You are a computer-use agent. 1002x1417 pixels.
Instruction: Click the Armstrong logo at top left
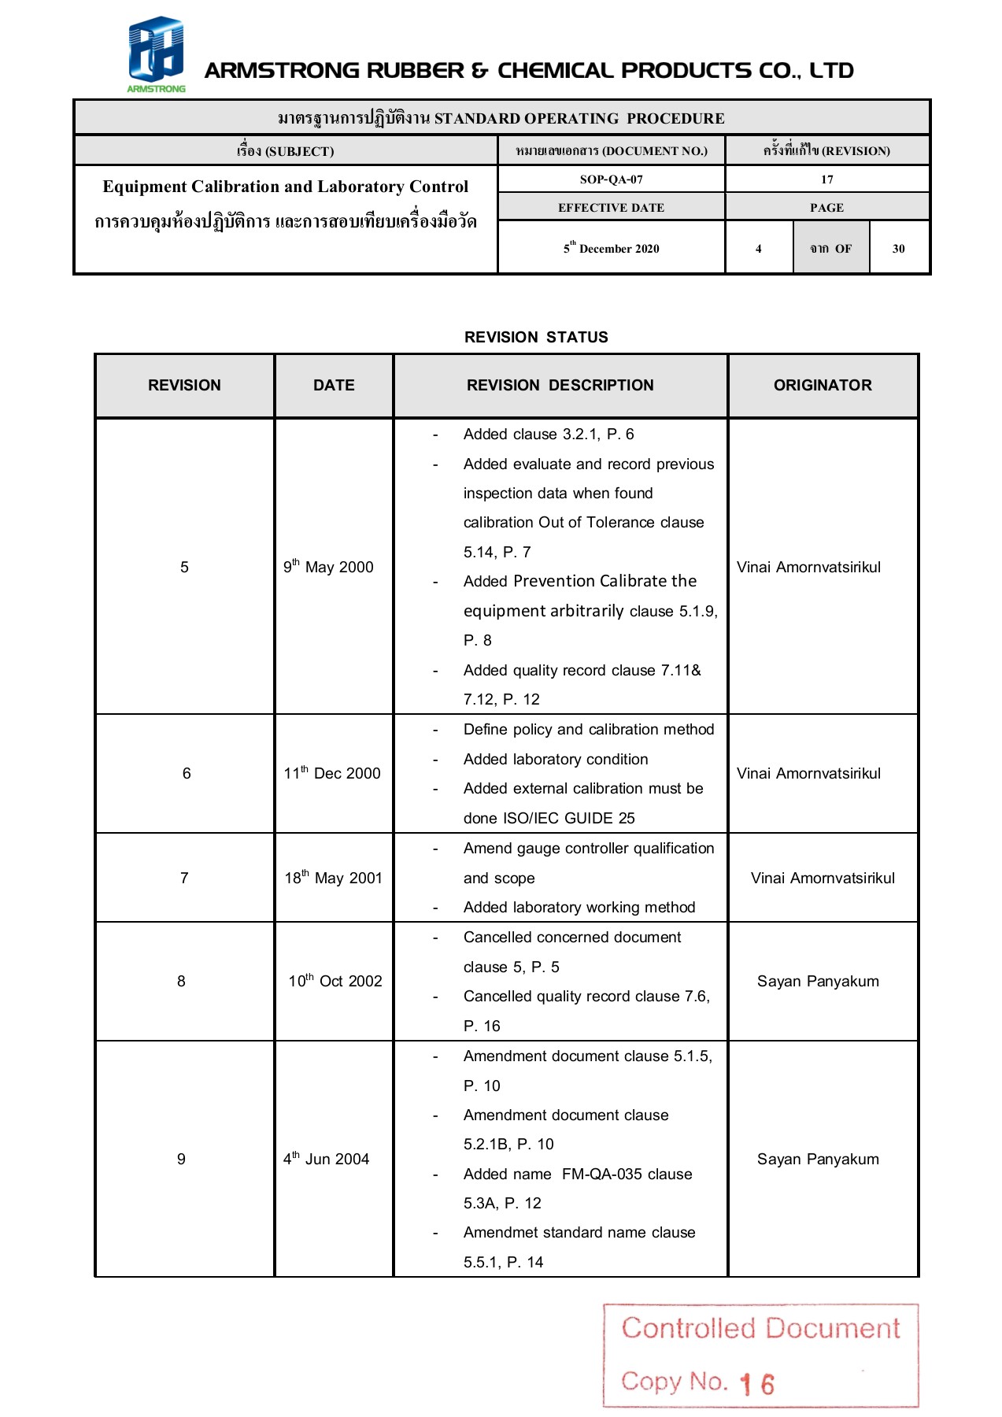pos(156,54)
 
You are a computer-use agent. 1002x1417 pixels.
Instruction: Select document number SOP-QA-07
pos(611,179)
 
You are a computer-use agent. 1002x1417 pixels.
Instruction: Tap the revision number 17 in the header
pos(826,179)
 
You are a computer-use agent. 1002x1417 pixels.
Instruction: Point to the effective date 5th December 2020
pos(611,248)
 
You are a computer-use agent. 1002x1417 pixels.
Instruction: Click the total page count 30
pos(898,249)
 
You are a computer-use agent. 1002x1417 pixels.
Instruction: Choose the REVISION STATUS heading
pos(536,337)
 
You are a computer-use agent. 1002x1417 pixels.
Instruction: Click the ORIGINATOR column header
pos(823,385)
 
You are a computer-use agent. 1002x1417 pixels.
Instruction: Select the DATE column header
pos(334,385)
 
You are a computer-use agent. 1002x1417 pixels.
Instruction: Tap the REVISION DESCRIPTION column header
pos(560,385)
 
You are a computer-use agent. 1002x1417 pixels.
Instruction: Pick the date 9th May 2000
pos(328,567)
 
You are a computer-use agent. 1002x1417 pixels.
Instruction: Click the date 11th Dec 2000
pos(332,773)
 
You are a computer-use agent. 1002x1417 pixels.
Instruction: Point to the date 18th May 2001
pos(333,878)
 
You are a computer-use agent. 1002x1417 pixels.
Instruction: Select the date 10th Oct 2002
pos(335,981)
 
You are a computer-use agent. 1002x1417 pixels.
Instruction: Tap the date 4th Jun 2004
pos(326,1159)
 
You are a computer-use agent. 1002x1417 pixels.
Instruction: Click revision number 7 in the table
pos(184,878)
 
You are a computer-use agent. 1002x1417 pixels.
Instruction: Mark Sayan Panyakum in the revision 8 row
pos(818,981)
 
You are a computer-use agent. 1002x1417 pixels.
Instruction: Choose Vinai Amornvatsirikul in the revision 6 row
pos(808,773)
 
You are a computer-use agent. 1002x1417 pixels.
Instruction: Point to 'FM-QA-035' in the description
pos(601,1174)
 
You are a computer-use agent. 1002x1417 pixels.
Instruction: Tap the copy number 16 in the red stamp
pos(757,1384)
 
